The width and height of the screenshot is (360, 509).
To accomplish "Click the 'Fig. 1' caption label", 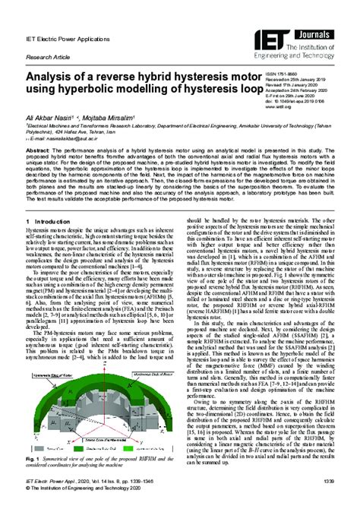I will click(x=33, y=460).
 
